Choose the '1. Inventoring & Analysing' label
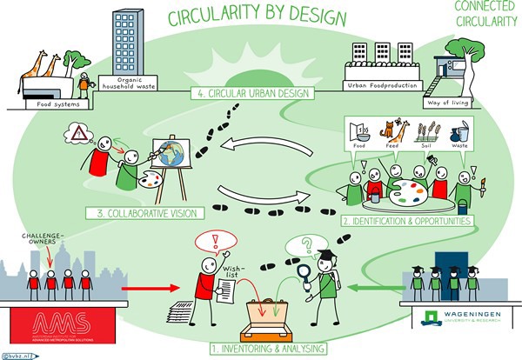[x=266, y=348]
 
